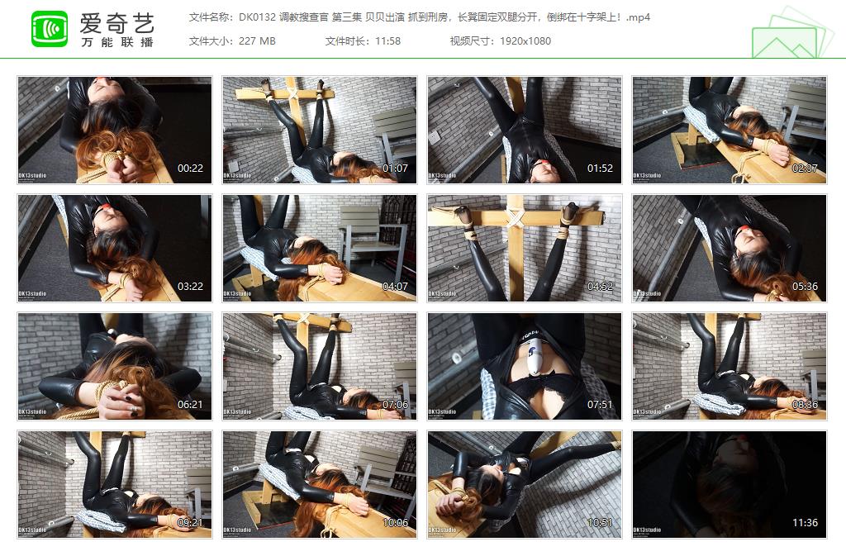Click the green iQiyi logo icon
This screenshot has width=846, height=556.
pos(50,29)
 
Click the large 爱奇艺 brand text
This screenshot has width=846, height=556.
pos(116,22)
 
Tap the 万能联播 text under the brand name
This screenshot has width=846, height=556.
pos(116,42)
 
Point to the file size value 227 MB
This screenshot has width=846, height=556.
pos(256,40)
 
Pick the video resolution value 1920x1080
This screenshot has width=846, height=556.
pos(525,40)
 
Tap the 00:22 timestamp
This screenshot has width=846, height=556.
pos(190,169)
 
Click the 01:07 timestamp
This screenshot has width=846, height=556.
pos(395,169)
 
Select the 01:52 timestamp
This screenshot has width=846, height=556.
pos(600,169)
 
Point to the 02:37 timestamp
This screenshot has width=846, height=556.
pos(805,169)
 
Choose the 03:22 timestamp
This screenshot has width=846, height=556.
pos(190,287)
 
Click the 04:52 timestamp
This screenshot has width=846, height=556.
pos(600,287)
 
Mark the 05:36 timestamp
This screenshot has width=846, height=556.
pos(805,287)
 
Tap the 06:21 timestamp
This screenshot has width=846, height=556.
pos(190,405)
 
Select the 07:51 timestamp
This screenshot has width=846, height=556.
pos(600,405)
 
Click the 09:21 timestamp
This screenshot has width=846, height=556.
pos(190,523)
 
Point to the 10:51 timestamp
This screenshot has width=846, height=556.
pos(600,523)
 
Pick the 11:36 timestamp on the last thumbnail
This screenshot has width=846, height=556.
pos(805,523)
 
